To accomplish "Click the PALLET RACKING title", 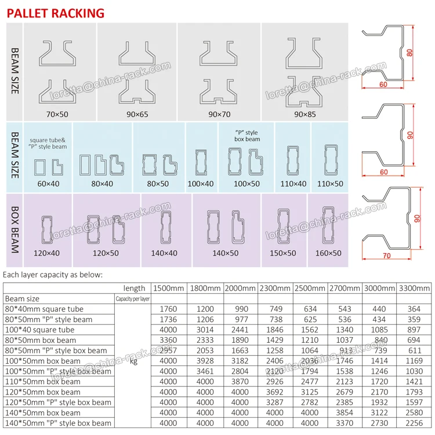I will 56,12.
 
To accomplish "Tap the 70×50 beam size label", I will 57,114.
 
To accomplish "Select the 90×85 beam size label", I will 304,114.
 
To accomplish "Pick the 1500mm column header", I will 168,288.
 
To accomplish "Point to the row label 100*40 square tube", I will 39,330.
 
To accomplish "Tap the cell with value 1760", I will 168,309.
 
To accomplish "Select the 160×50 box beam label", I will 328,253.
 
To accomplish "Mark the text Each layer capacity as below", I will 53,274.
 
